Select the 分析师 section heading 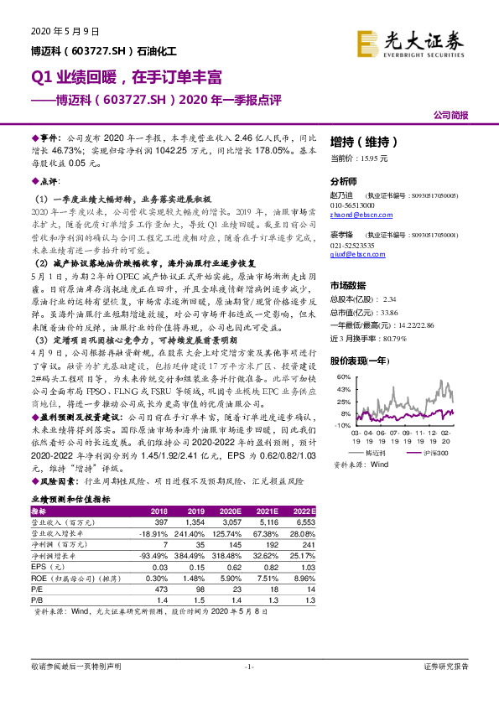click(344, 181)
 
